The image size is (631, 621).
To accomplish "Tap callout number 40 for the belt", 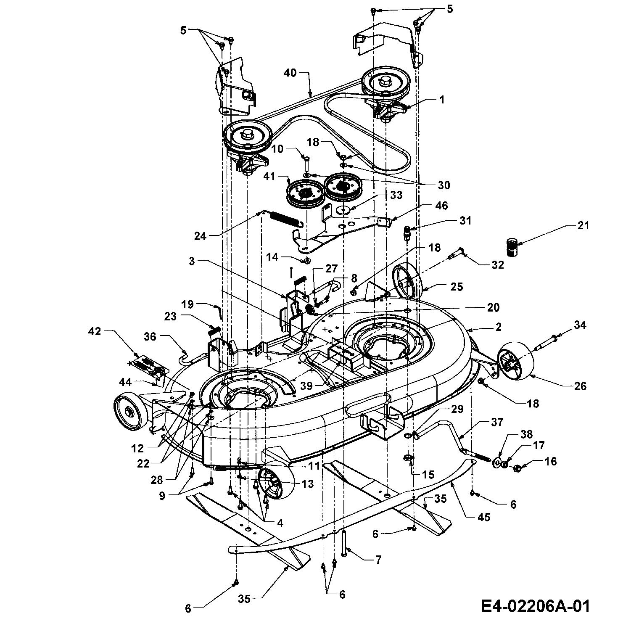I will (x=290, y=73).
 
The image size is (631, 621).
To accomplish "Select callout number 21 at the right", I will (x=583, y=226).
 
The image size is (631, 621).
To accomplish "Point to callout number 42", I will (x=95, y=331).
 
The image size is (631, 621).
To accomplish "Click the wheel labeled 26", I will (x=516, y=361).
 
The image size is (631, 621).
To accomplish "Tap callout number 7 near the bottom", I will (x=378, y=560).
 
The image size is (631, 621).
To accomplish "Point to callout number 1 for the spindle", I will (x=441, y=100).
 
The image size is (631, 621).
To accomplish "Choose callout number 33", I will (x=396, y=195).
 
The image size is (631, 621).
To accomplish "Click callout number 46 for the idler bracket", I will (x=441, y=206).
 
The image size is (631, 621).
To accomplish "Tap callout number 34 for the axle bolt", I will (x=580, y=325).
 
